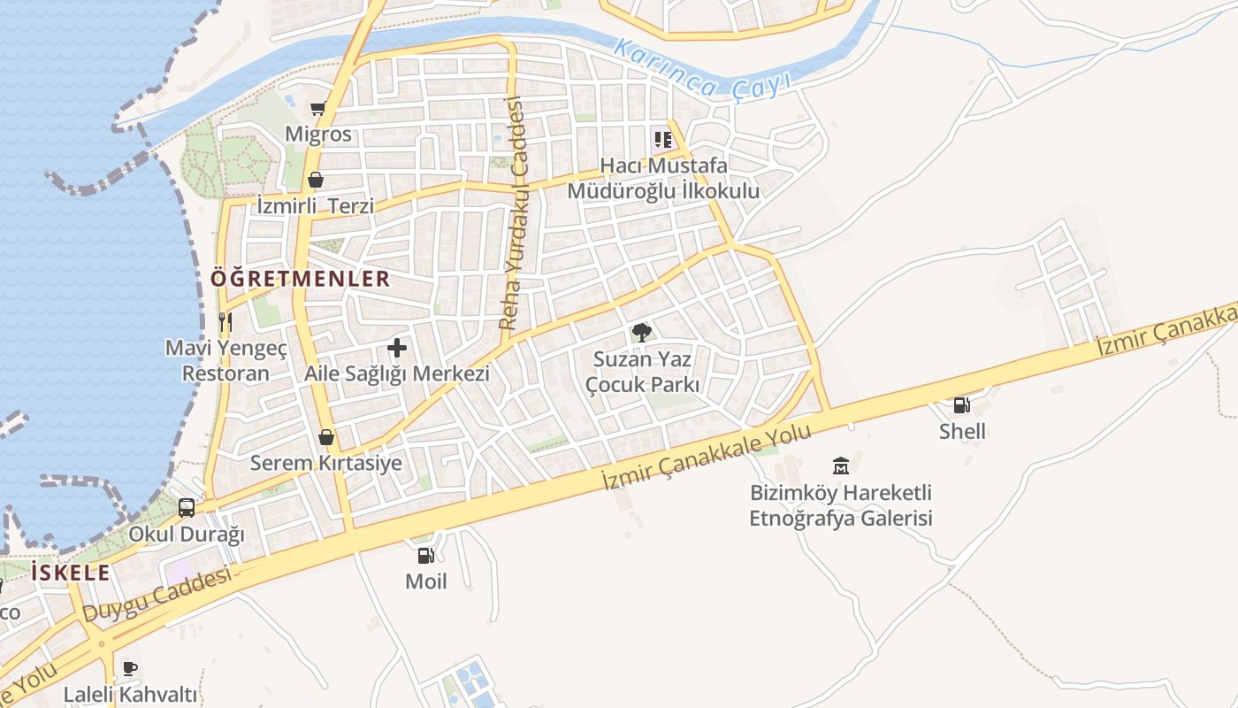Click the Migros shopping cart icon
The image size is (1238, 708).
[x=318, y=109]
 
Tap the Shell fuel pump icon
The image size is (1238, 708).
[x=961, y=405]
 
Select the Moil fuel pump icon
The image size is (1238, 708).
[x=425, y=556]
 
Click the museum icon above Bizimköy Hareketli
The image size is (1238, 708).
[x=840, y=466]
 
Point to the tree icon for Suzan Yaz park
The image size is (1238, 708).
[x=642, y=333]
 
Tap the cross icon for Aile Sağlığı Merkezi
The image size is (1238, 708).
[x=397, y=348]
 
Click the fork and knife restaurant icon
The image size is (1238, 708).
[x=225, y=321]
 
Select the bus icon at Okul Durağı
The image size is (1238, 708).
[x=187, y=508]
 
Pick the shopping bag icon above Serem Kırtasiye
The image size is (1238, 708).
[x=326, y=437]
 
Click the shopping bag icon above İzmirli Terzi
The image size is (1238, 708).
[x=316, y=181]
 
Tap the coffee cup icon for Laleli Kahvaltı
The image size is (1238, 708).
[x=130, y=668]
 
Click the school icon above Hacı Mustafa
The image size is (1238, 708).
[x=663, y=139]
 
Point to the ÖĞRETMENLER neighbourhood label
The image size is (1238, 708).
[x=300, y=279]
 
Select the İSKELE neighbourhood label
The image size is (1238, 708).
[x=71, y=573]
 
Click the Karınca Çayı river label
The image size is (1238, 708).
[x=703, y=68]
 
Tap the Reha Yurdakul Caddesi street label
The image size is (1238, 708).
[x=513, y=214]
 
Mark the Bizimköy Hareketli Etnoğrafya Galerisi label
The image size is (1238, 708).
[x=841, y=505]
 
